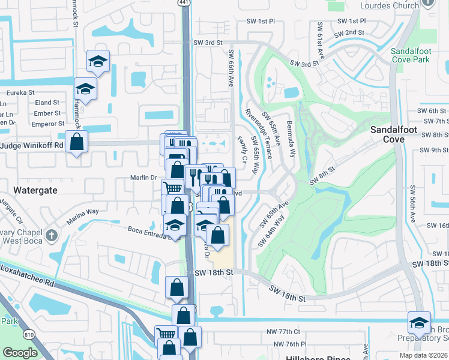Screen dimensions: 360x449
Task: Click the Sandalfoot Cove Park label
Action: (x=410, y=56)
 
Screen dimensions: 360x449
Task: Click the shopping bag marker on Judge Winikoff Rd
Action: (x=76, y=142)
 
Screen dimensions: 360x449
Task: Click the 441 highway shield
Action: (x=183, y=3)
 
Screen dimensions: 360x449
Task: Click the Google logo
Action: (x=20, y=353)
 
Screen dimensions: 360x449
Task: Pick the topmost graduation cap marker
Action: (x=98, y=61)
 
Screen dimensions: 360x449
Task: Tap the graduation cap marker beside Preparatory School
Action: (x=418, y=323)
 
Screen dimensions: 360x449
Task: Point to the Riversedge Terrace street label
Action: (x=259, y=133)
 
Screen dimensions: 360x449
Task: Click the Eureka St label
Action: (x=21, y=93)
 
